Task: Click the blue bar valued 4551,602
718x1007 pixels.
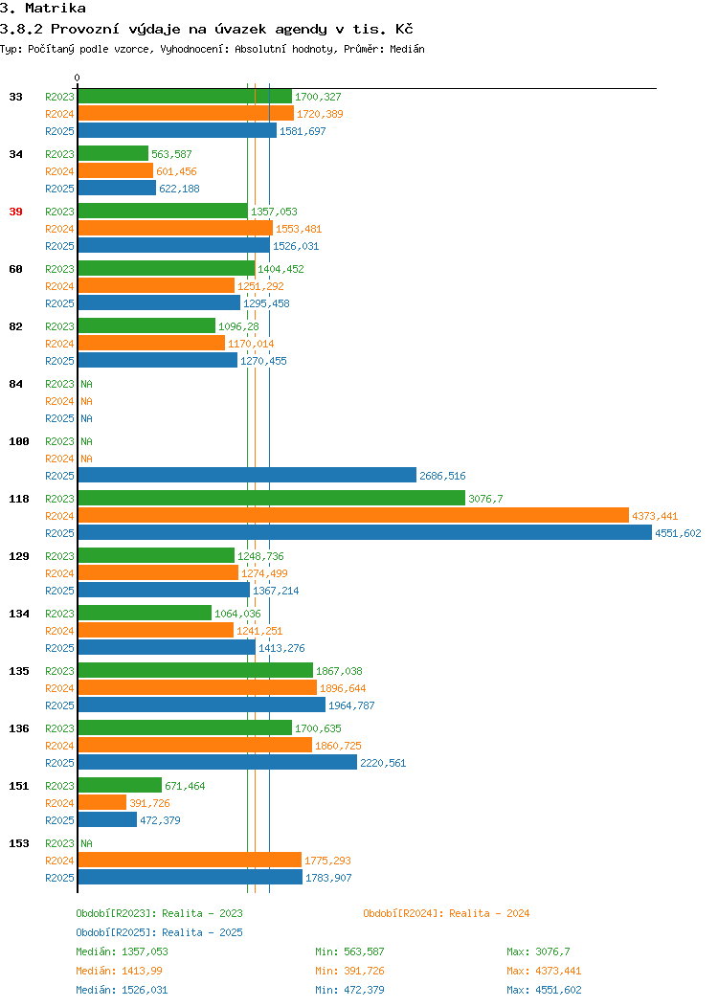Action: click(365, 532)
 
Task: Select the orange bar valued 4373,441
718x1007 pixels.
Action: click(353, 515)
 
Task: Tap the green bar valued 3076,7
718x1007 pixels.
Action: click(272, 498)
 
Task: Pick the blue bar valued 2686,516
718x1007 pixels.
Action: click(247, 475)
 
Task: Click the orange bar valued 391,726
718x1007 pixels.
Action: click(102, 802)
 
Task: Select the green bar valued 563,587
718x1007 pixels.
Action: click(113, 153)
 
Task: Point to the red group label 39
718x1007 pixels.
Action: click(15, 212)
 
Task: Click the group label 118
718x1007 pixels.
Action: click(18, 499)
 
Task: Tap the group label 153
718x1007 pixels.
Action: click(18, 843)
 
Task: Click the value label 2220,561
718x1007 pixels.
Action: click(383, 763)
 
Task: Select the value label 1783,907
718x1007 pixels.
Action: click(328, 878)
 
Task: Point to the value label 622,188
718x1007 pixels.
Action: click(179, 189)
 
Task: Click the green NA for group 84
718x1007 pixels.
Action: click(87, 384)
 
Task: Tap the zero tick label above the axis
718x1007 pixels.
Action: click(78, 78)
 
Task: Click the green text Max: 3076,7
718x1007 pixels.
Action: click(538, 951)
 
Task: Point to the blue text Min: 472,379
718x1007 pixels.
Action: click(349, 991)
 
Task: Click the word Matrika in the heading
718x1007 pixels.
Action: click(56, 9)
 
